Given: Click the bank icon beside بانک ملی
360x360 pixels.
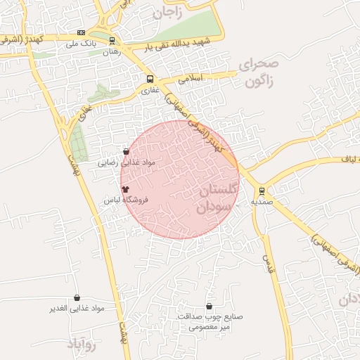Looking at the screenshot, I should coord(82,33).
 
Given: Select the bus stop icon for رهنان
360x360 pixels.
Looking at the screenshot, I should coord(111,41).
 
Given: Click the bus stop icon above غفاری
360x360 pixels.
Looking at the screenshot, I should coord(149,79).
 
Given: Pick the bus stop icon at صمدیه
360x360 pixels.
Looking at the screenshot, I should coord(262,191).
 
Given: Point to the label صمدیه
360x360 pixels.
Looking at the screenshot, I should coord(261,202).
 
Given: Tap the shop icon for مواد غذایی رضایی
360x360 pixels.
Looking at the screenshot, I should coord(126,151).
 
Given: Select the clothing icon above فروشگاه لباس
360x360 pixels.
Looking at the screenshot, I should coord(126,189).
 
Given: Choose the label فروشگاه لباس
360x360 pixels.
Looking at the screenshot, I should coord(125,200).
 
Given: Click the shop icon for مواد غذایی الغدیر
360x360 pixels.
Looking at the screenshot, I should coord(77,298).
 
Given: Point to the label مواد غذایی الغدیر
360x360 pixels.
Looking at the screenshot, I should coord(76,309).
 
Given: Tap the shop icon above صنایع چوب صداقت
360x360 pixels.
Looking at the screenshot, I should coord(210,306).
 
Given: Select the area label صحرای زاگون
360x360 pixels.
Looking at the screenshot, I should coord(259,72).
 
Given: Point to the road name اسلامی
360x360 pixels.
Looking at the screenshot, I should coord(191,79).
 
